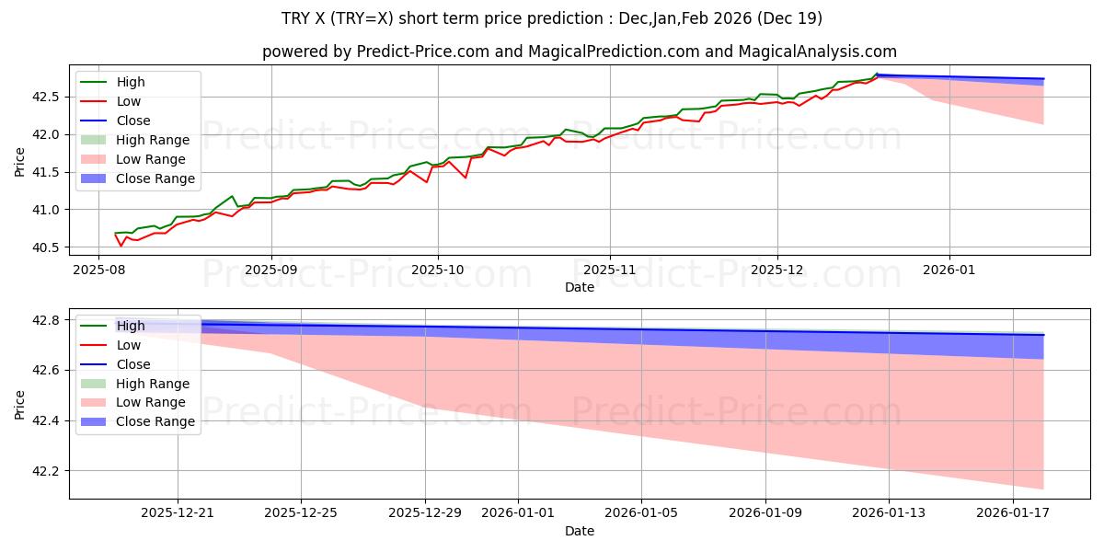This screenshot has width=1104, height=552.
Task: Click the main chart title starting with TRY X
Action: (552, 18)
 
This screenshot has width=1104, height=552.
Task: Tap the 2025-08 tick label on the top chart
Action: (99, 271)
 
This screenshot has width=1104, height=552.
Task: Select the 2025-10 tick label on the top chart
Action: (437, 271)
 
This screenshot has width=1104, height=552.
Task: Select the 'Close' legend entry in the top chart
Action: (133, 121)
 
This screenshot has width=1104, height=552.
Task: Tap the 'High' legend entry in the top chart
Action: (131, 82)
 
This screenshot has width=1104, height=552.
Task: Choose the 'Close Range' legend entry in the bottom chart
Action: (155, 421)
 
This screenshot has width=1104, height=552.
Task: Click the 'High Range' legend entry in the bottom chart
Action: (153, 384)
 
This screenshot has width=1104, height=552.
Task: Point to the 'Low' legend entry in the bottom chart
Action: (129, 345)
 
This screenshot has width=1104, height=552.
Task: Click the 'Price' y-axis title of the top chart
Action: (20, 161)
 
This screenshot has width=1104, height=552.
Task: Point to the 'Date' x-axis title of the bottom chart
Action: (580, 532)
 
